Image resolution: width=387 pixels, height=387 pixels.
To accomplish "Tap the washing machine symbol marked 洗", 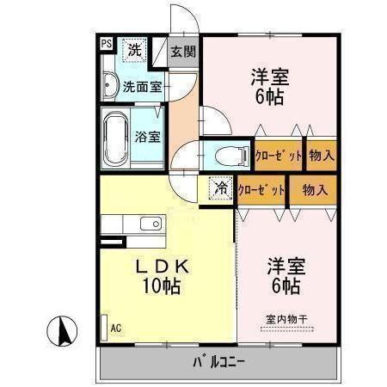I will [x=134, y=51].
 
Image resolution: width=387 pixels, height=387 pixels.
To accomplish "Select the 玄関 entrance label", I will [x=182, y=52].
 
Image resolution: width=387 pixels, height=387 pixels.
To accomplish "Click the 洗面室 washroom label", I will [x=142, y=86].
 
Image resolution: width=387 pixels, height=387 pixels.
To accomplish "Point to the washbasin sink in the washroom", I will [x=109, y=86].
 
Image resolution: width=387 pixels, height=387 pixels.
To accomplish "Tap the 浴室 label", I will [x=148, y=136].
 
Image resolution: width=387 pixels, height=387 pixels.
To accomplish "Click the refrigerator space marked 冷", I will [x=221, y=189].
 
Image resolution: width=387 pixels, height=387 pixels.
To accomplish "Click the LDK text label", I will [x=163, y=267].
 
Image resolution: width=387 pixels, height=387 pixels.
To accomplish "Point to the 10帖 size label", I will [x=163, y=287].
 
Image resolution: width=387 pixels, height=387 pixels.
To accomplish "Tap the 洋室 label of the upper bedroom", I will [x=270, y=76].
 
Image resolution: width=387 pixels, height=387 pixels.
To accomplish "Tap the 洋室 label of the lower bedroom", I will [x=284, y=263].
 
